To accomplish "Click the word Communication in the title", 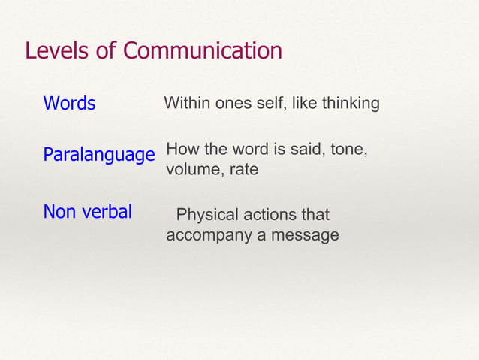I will [x=203, y=51].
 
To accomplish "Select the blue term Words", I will [x=69, y=103].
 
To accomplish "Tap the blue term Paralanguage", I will [x=98, y=156].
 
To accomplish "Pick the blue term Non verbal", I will [x=87, y=212].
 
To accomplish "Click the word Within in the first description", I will [x=186, y=103].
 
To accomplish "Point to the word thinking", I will [x=351, y=103].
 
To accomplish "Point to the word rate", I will [x=244, y=170].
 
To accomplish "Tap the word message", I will [x=302, y=235].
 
